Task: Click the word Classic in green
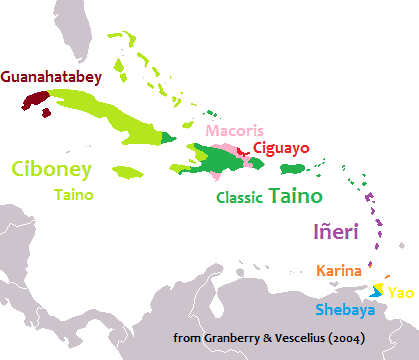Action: [x=240, y=197]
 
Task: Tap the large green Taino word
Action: [x=297, y=194]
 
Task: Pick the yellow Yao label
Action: [x=400, y=292]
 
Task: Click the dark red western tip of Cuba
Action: [x=35, y=101]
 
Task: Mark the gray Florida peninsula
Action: [x=96, y=30]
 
